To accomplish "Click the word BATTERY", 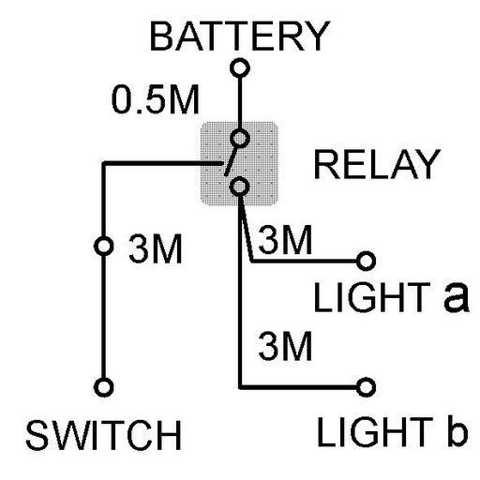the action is tap(240, 37).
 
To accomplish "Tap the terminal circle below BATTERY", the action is tap(240, 67).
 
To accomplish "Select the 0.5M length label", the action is tap(156, 99).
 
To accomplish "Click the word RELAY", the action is tap(377, 164).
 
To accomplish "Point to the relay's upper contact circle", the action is tap(240, 138).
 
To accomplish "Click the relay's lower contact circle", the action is tap(239, 187).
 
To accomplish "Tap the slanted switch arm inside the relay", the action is tap(232, 160).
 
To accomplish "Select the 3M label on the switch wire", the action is tap(156, 248).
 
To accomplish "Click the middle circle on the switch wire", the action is tap(103, 246).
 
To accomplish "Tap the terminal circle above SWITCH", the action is tap(103, 387).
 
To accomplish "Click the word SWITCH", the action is tap(104, 435).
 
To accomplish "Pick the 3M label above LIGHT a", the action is tap(285, 239).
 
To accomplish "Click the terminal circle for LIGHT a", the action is tap(366, 261).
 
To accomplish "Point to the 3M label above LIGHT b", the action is tap(285, 346).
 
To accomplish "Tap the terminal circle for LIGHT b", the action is tap(366, 387).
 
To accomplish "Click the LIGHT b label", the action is tap(393, 431).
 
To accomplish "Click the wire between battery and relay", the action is tap(240, 103).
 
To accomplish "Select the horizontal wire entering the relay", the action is tap(162, 163).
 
